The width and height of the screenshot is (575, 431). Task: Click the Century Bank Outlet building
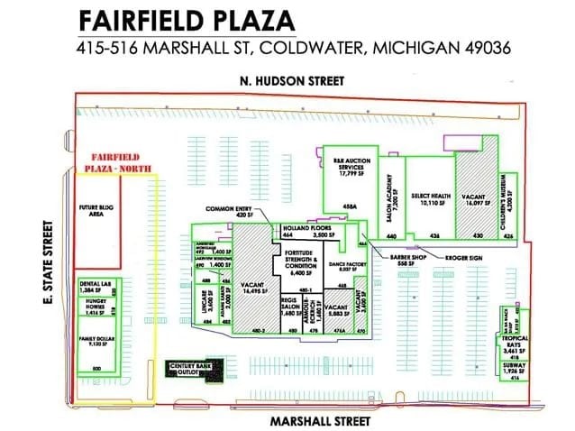pyautogui.click(x=187, y=370)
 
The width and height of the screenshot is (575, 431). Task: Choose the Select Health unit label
pyautogui.click(x=430, y=198)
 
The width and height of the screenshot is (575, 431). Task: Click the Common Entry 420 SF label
pyautogui.click(x=227, y=212)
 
